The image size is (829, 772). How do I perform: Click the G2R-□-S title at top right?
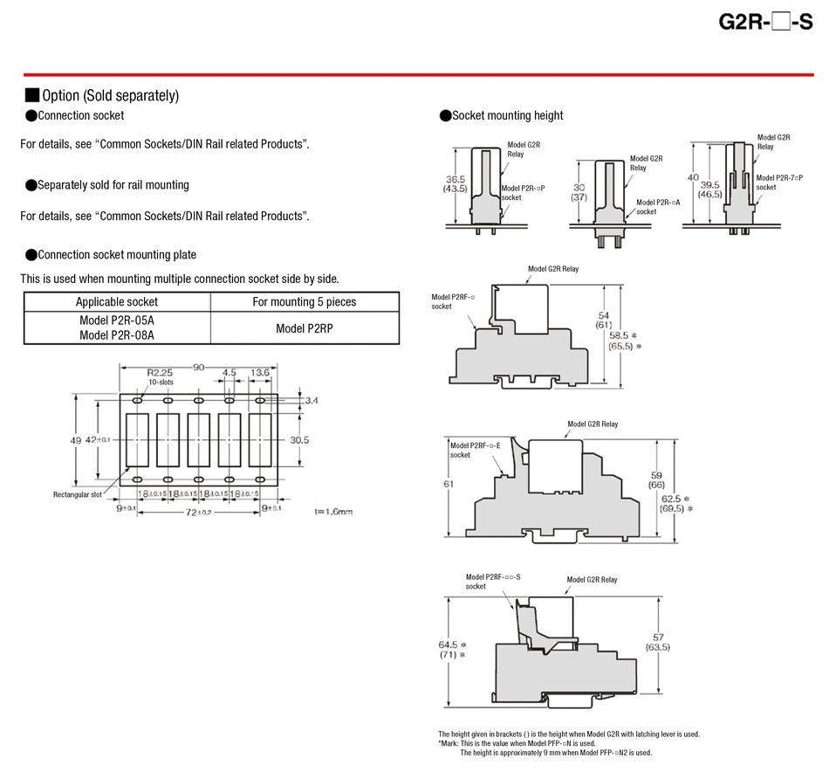point(765,22)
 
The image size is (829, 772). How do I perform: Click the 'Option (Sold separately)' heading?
point(111,95)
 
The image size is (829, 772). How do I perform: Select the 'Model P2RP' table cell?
point(305,328)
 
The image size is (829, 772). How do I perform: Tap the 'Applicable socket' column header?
point(117,301)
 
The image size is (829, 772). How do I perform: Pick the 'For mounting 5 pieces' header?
point(305,301)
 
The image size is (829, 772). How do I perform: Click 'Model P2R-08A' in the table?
point(117,335)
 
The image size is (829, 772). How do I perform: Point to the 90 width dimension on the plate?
point(198,367)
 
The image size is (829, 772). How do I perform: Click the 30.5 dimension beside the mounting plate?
point(299,439)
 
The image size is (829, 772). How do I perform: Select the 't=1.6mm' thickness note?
point(333,512)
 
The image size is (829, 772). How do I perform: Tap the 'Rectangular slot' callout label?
point(77,495)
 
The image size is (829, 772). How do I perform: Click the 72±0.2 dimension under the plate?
point(198,513)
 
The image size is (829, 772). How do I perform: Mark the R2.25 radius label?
point(160,373)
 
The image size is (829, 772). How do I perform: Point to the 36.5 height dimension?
point(456,179)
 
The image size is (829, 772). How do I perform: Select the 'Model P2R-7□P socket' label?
point(779,183)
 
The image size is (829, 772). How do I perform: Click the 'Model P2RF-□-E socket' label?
point(476,451)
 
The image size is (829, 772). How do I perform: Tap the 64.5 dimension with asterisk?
point(453,644)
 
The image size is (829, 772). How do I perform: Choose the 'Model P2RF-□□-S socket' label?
point(493,582)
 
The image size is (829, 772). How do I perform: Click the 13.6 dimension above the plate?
point(260,373)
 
